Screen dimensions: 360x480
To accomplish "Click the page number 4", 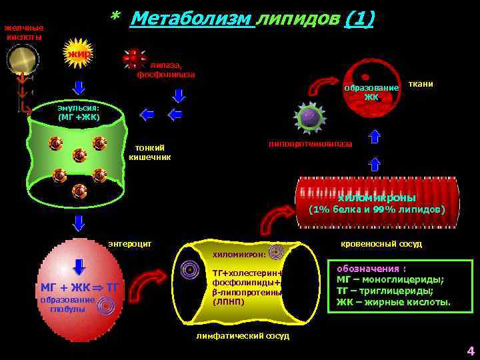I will [470, 351].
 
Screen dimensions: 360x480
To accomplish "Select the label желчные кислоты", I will [24, 32].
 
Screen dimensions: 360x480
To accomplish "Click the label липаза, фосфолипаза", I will [166, 70].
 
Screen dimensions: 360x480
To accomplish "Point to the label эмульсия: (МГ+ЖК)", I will [79, 113].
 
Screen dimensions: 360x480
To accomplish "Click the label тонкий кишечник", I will [149, 152].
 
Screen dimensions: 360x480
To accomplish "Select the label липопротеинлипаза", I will [310, 144].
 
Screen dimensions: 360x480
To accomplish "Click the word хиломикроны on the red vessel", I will [377, 198].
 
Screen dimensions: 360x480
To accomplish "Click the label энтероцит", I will [130, 243].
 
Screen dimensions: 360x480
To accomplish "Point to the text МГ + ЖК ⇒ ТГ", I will [79, 288].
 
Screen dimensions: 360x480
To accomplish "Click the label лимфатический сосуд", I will [243, 336].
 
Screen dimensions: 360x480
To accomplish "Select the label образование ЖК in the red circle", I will [371, 92].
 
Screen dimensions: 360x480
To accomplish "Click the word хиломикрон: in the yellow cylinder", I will [239, 254].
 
